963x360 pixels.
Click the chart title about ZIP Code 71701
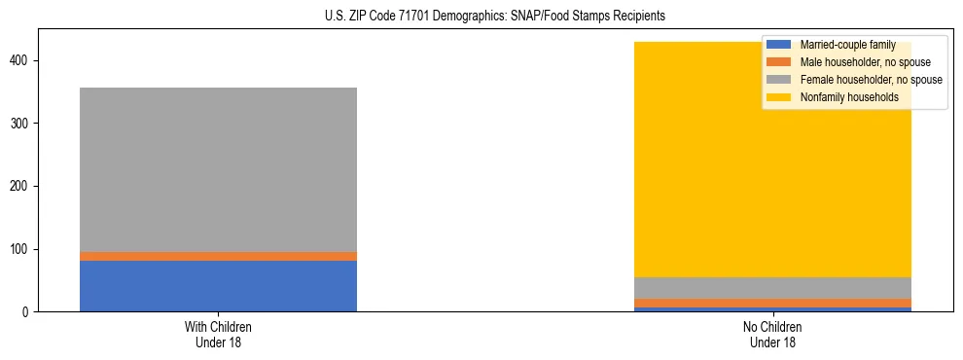482,17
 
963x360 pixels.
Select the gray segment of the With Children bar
218,170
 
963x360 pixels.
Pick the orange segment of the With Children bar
218,256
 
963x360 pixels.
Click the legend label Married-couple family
847,45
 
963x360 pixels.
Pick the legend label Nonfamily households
842,97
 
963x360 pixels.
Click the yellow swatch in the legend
779,97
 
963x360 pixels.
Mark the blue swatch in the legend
779,45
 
